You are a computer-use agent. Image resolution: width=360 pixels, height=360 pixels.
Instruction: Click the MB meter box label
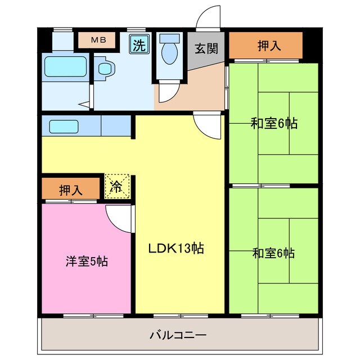(97, 40)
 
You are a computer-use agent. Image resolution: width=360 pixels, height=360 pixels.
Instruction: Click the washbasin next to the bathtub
(105, 68)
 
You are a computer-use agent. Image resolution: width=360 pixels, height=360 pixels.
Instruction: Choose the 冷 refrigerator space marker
(117, 187)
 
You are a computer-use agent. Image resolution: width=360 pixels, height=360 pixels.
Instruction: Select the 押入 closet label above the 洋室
(71, 190)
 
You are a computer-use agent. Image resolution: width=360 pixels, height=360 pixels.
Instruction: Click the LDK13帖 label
(175, 247)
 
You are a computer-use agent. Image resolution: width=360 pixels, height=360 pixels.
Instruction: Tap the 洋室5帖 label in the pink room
(87, 262)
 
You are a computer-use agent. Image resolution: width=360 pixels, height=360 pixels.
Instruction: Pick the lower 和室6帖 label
(273, 253)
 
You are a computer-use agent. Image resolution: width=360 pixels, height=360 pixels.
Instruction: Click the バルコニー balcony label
(178, 336)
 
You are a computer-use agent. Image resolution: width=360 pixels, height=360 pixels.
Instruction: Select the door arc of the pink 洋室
(119, 218)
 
